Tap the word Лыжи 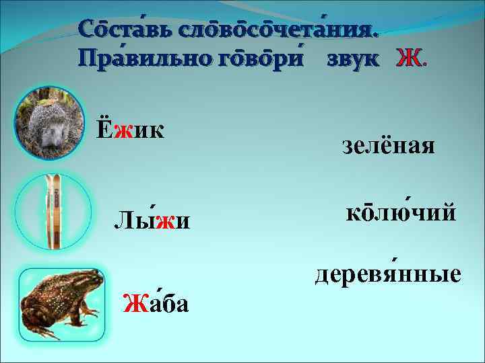pos(152,219)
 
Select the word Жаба pos(156,304)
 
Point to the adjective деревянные pos(387,274)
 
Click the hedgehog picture pos(48,124)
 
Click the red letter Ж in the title pos(409,60)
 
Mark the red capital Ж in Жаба pos(131,304)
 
